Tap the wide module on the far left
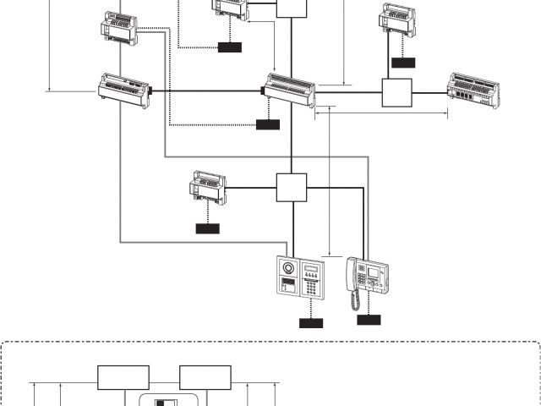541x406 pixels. [124, 89]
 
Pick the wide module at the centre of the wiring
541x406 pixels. [290, 89]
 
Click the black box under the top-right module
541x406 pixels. [403, 62]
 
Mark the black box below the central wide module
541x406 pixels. [267, 124]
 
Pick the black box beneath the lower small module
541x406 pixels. [207, 228]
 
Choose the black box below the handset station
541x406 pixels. [369, 319]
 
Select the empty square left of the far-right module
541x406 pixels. [396, 93]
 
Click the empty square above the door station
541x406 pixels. [291, 188]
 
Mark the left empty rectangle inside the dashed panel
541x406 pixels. [123, 377]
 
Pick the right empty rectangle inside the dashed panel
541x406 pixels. [205, 377]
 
